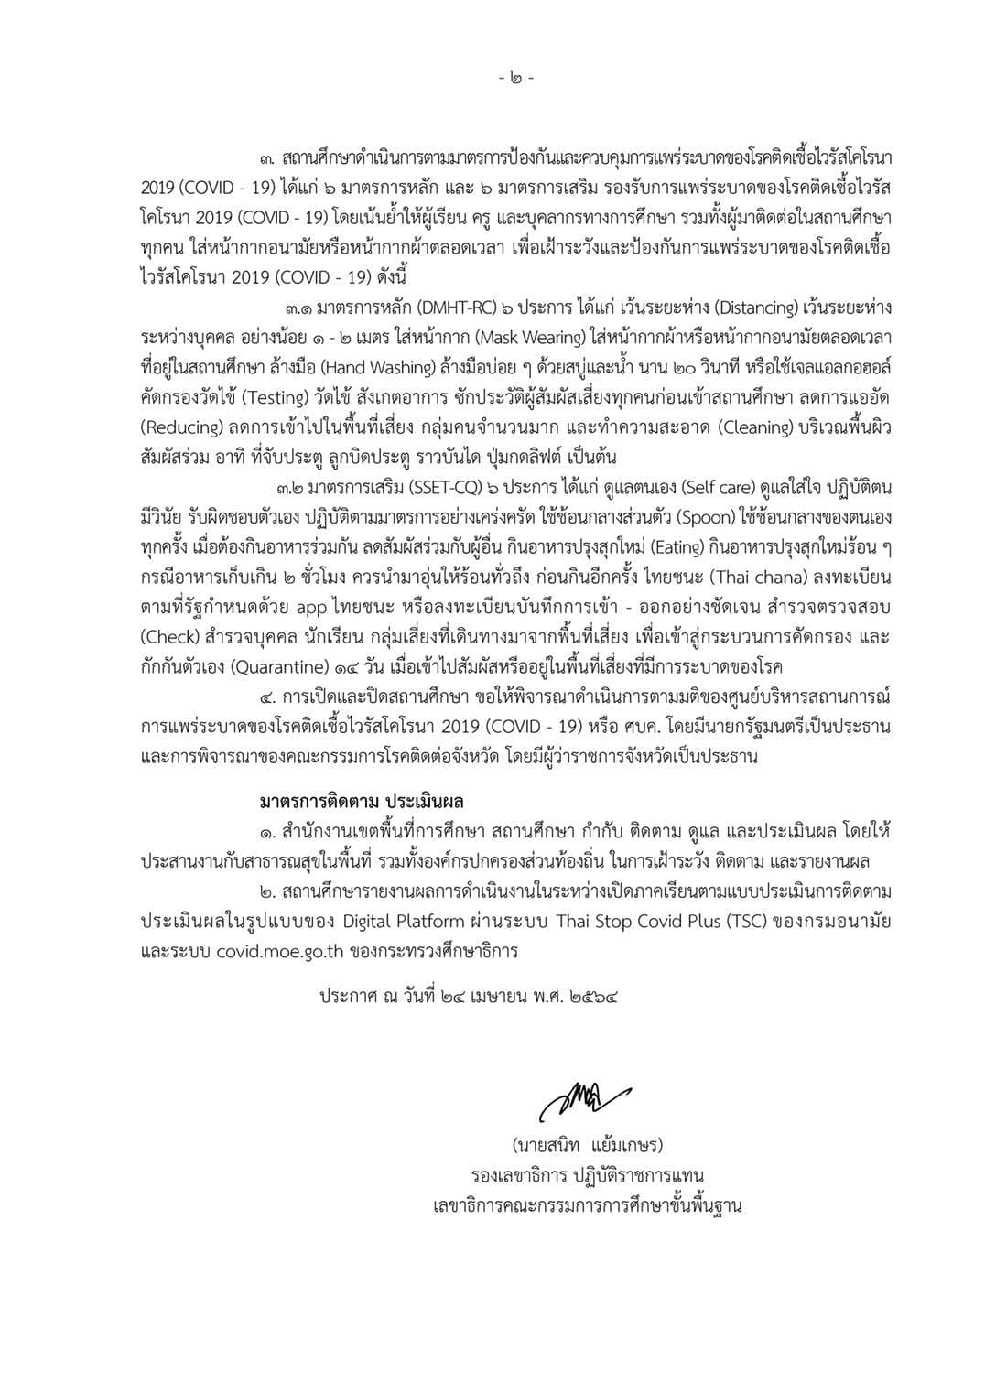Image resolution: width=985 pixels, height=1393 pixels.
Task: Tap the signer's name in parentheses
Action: [587, 1145]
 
